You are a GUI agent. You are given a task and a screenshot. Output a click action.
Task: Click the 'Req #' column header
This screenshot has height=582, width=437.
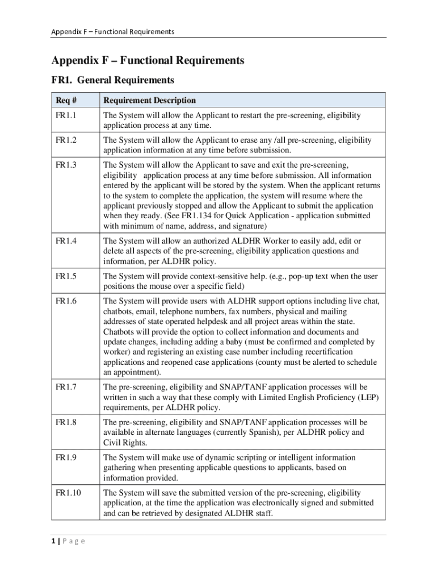[66, 101]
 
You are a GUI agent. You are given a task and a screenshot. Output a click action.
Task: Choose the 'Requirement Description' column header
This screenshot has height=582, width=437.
[149, 101]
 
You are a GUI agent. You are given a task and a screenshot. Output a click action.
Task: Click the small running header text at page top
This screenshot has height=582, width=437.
[112, 31]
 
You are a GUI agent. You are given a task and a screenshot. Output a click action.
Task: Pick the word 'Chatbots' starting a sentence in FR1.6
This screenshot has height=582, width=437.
[118, 332]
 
